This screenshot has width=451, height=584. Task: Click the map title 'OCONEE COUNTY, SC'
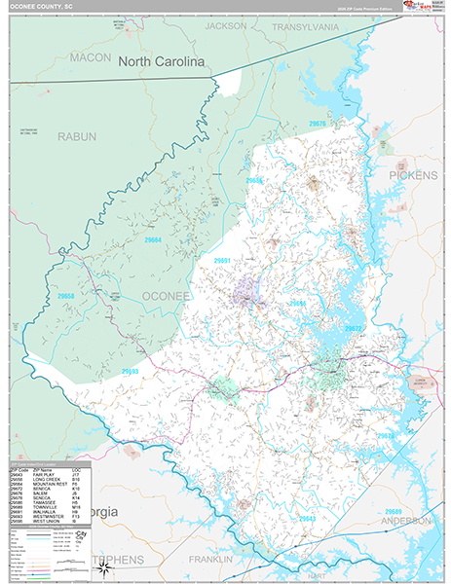pyautogui.click(x=43, y=6)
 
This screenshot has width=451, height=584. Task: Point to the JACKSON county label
pyautogui.click(x=226, y=26)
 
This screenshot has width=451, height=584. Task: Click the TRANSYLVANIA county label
pyautogui.click(x=305, y=27)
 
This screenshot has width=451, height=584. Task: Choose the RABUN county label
pyautogui.click(x=76, y=137)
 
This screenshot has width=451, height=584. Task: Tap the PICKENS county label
pyautogui.click(x=415, y=175)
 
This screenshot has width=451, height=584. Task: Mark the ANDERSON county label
pyautogui.click(x=407, y=521)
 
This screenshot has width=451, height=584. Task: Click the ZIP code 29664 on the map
pyautogui.click(x=153, y=240)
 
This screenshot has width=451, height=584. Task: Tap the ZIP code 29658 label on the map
pyautogui.click(x=65, y=295)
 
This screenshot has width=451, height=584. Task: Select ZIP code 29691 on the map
pyautogui.click(x=222, y=261)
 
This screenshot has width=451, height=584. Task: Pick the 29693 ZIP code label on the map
pyautogui.click(x=130, y=371)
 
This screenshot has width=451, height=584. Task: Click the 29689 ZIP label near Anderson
pyautogui.click(x=393, y=511)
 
